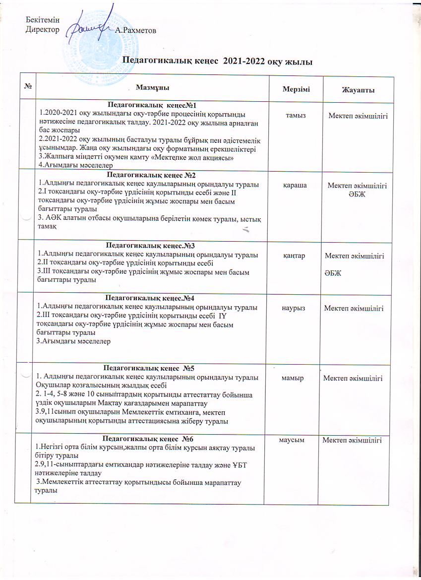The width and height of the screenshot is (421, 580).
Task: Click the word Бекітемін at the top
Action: [42, 19]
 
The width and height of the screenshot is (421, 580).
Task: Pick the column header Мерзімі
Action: [295, 88]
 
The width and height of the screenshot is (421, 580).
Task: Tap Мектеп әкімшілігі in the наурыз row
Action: [354, 308]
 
